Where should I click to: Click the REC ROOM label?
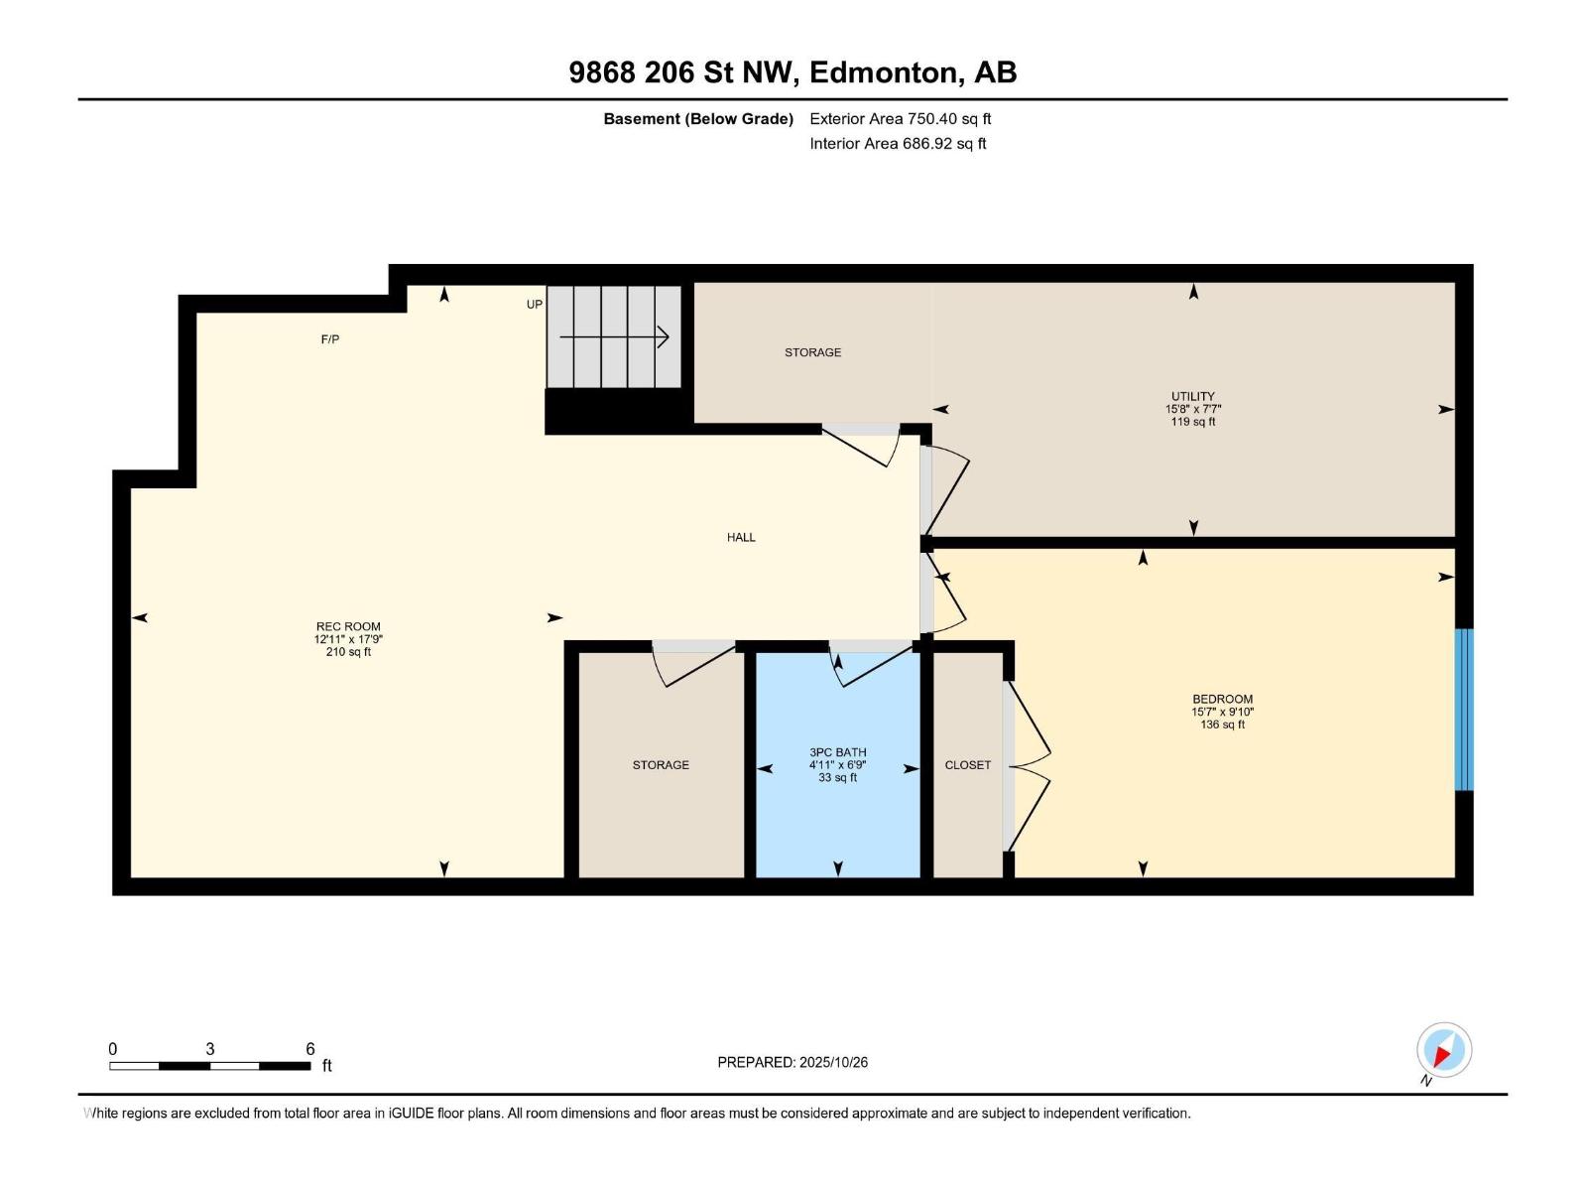tap(348, 626)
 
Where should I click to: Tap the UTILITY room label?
tap(1193, 396)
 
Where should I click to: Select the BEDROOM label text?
tap(1223, 699)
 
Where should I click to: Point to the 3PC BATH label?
tap(837, 752)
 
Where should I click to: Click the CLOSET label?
tap(967, 764)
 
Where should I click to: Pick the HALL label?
tap(741, 537)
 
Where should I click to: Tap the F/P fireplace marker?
tap(330, 338)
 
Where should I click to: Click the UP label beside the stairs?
tap(535, 304)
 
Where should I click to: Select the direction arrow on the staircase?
tap(614, 336)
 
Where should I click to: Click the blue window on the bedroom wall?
tap(1463, 710)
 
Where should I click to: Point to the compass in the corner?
tap(1444, 1050)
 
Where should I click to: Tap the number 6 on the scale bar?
tap(310, 1048)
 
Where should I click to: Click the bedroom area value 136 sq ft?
tap(1223, 724)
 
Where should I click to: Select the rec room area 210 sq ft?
tap(348, 651)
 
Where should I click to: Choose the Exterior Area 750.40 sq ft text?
tap(901, 118)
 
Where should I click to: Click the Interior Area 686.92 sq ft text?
tap(898, 143)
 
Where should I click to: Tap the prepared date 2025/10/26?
tap(833, 1062)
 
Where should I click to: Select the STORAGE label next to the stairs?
tap(812, 352)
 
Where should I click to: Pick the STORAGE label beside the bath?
tap(661, 764)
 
